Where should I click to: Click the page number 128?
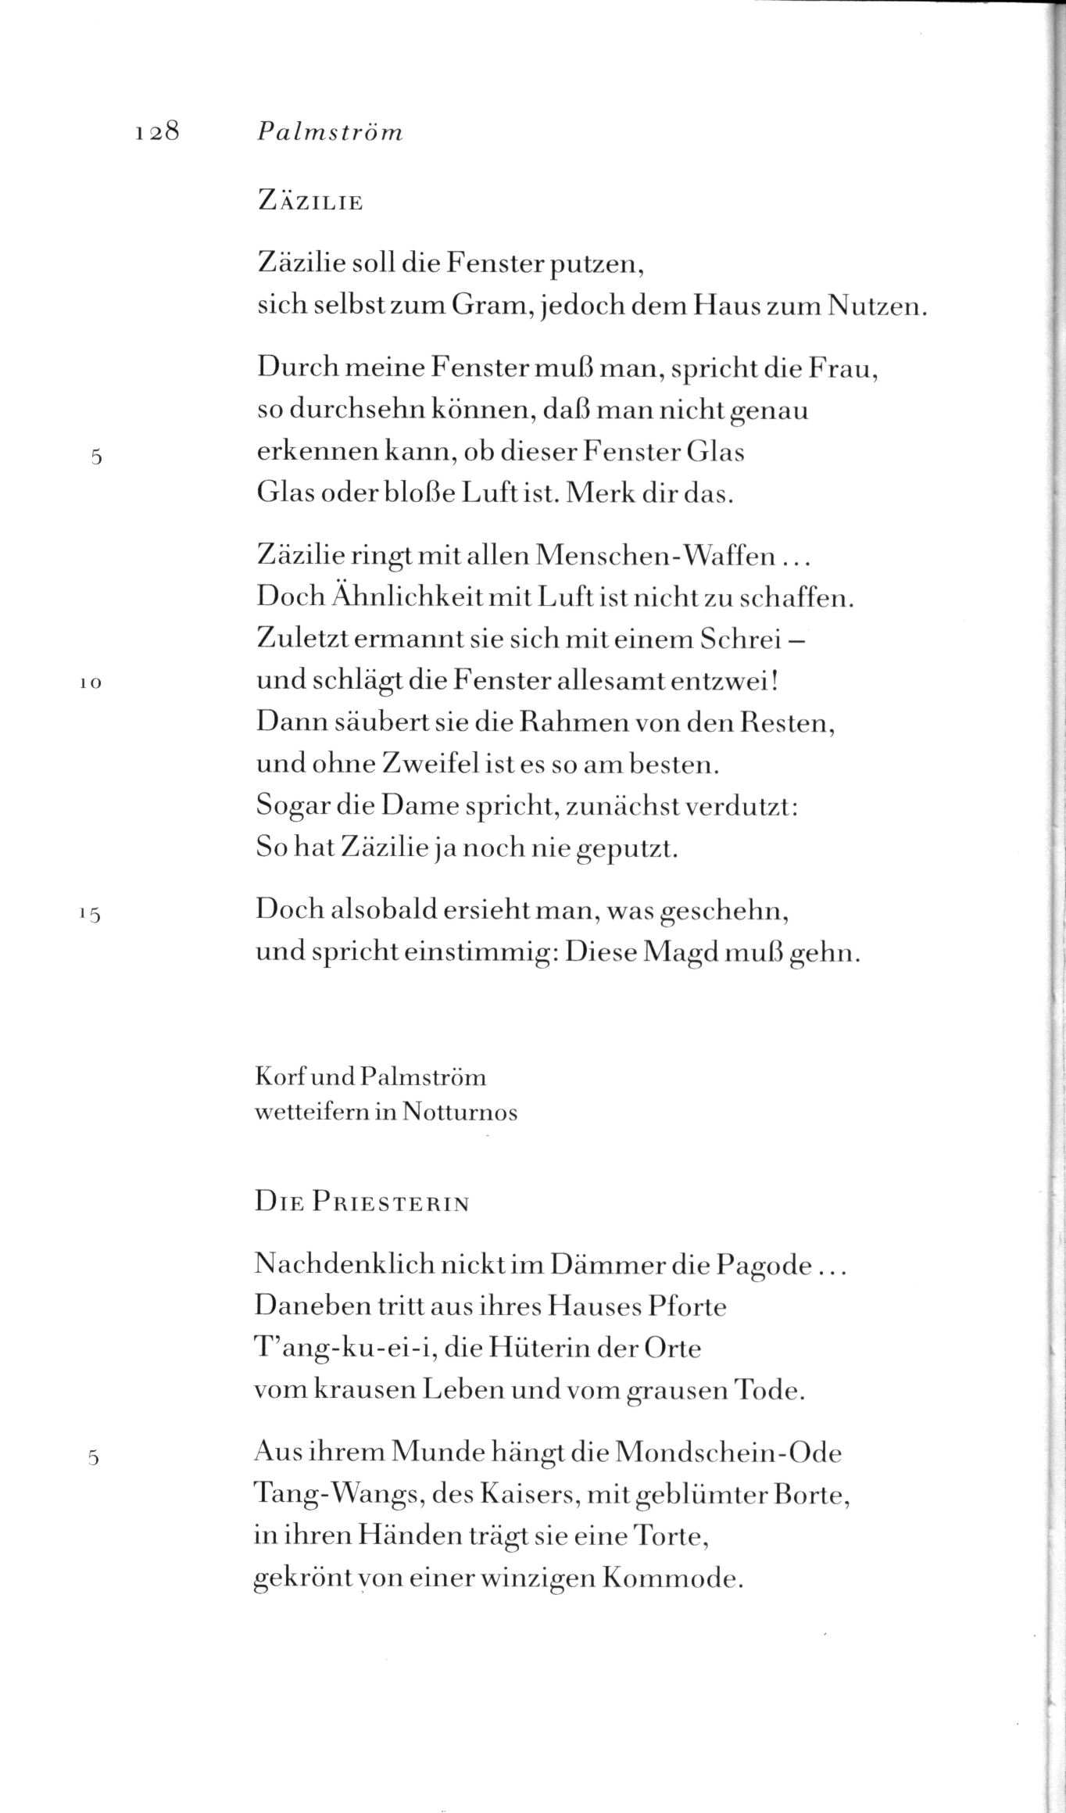158,131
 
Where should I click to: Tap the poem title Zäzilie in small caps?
310,202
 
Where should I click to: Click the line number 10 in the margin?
91,683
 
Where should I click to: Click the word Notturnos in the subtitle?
460,1112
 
